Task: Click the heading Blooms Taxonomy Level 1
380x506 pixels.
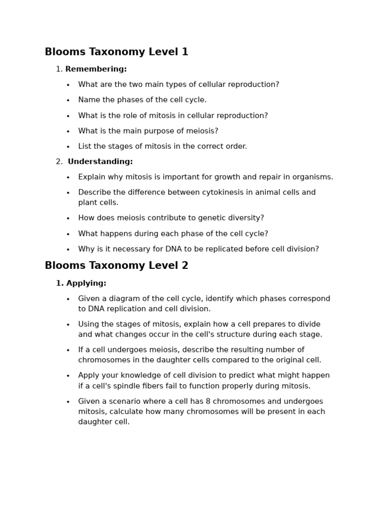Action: click(x=116, y=52)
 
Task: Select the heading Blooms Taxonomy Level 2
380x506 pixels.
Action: click(x=116, y=265)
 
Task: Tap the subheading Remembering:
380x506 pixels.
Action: click(x=96, y=69)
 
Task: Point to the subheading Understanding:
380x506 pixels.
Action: click(x=100, y=162)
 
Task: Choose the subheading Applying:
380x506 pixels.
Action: click(x=86, y=283)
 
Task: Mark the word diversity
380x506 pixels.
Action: click(x=244, y=218)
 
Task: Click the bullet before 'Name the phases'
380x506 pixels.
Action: click(x=68, y=100)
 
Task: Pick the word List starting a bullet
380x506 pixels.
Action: click(x=85, y=146)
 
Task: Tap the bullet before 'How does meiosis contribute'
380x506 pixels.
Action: click(x=68, y=218)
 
